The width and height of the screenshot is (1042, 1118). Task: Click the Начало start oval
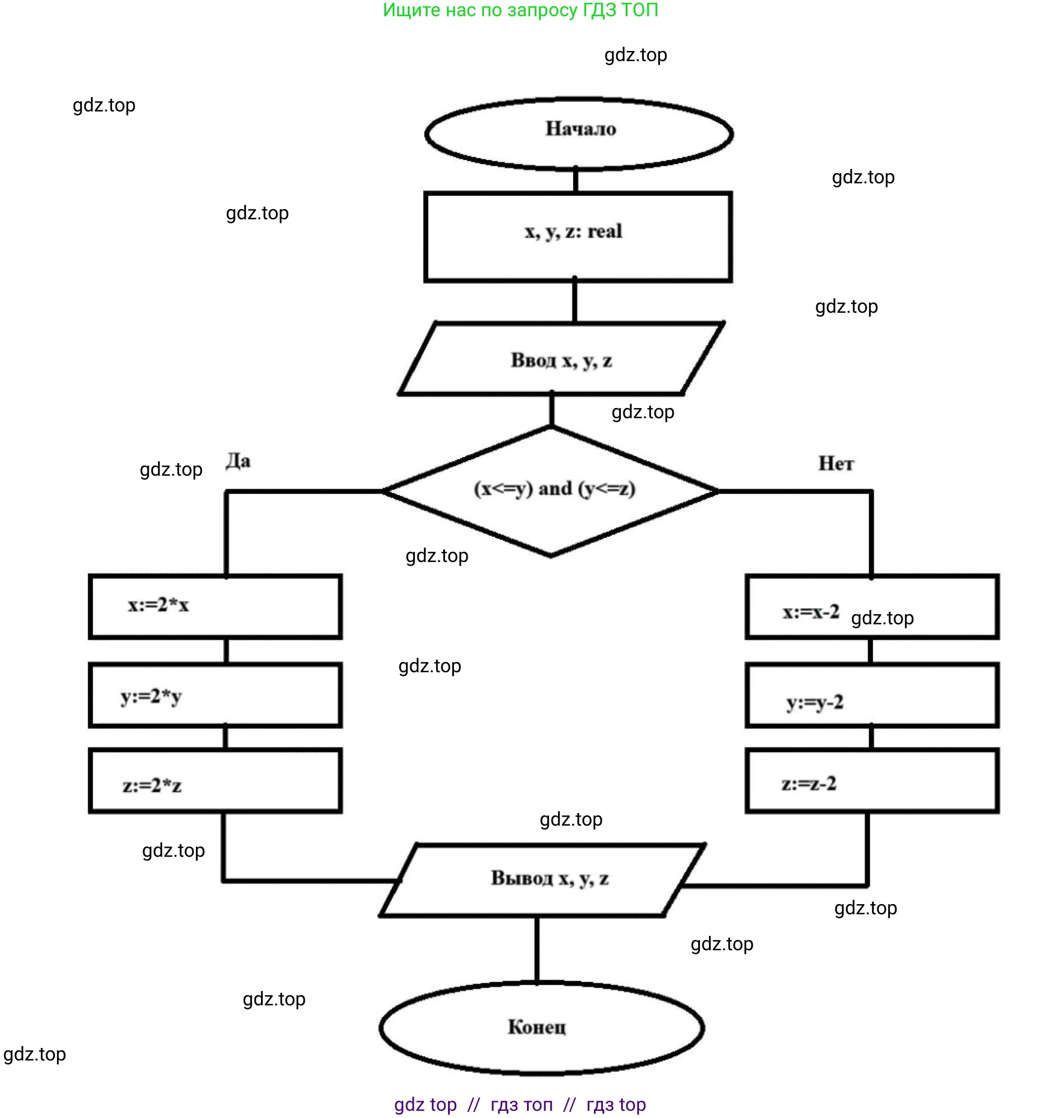pos(578,133)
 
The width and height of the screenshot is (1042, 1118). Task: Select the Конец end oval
pos(541,1027)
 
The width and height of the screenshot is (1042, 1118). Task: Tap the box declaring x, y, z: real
pos(577,237)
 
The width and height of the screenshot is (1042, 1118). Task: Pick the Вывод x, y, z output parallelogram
pos(543,880)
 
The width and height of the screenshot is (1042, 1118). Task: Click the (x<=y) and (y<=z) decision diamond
pos(551,491)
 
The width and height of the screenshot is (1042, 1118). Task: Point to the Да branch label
pos(238,461)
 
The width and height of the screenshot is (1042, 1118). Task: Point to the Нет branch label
pos(836,463)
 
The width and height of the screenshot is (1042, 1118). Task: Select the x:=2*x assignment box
pos(215,606)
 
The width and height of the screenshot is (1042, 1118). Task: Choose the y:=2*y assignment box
pos(215,695)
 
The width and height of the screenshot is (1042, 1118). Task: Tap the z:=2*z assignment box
pos(215,781)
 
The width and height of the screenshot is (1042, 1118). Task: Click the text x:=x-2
pos(811,612)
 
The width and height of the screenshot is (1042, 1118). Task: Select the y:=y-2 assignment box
pos(871,695)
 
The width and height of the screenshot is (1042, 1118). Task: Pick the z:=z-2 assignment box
pos(871,781)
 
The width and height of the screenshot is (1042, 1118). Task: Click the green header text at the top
pos(520,10)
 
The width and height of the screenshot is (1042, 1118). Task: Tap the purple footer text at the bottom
pos(520,1104)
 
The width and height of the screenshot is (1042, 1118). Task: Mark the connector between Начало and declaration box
pos(575,180)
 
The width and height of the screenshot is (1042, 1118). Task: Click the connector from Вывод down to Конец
pos(537,950)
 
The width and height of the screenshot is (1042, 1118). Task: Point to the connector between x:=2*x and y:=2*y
pos(226,651)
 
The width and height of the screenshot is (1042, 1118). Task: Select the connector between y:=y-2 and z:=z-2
pos(871,738)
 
